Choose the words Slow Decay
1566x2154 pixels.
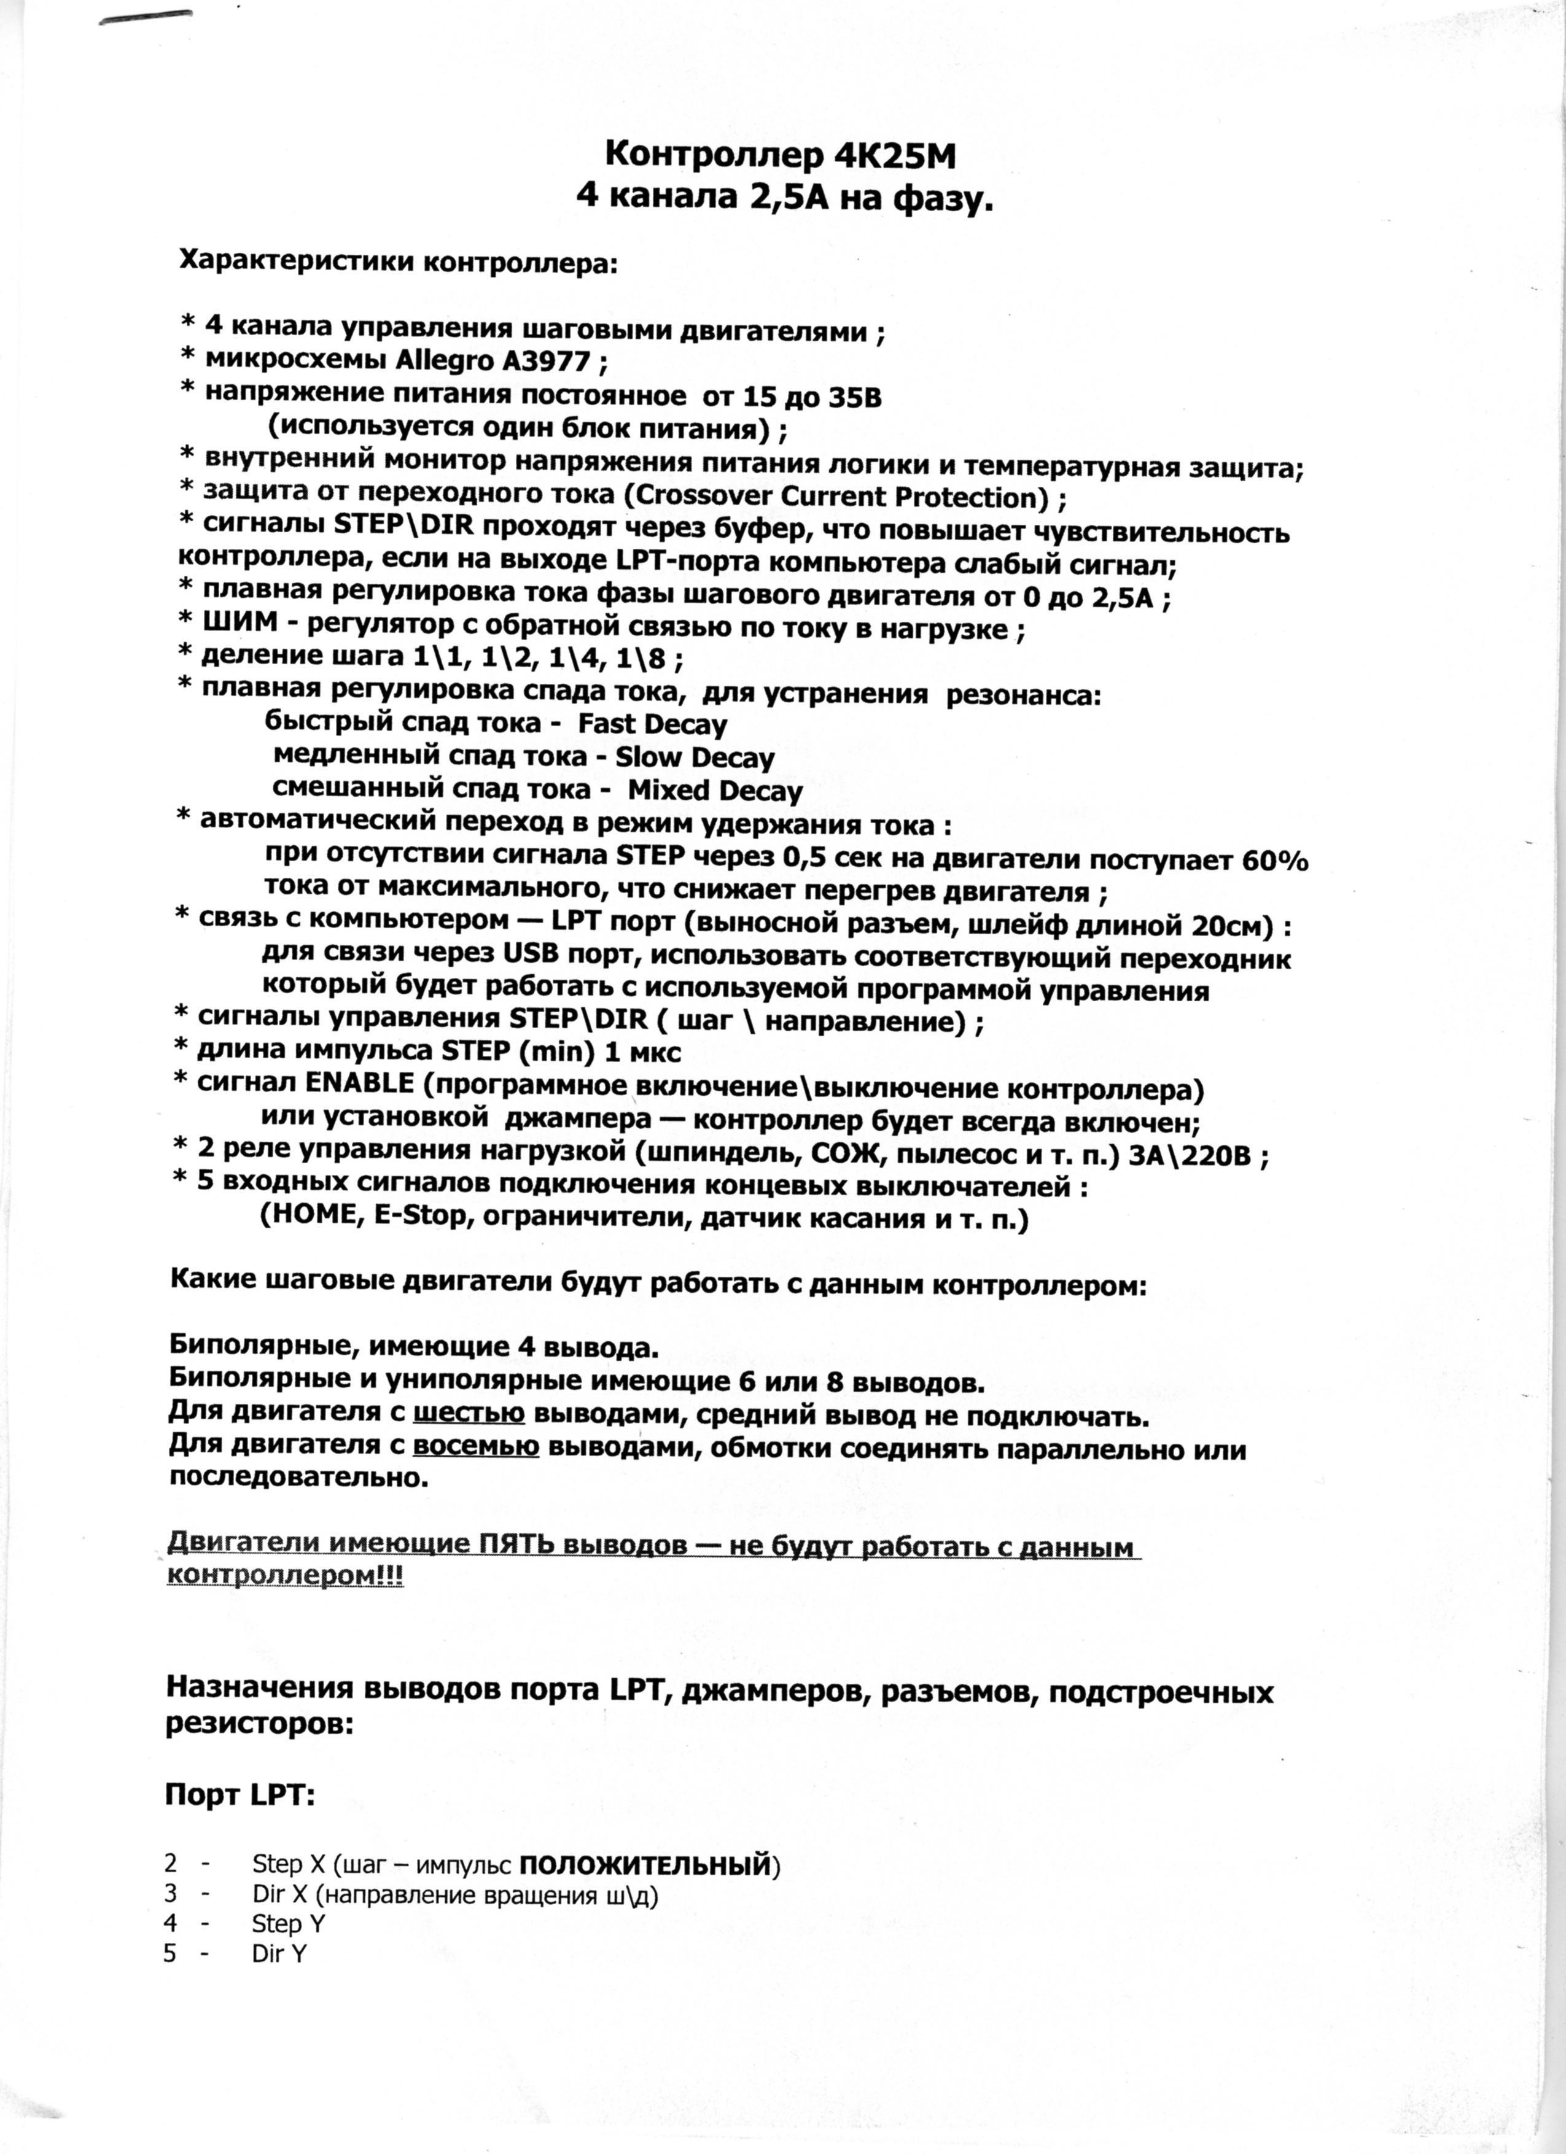tap(695, 758)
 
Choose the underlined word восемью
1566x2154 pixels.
tap(477, 1448)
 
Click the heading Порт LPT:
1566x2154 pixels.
tap(240, 1767)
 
